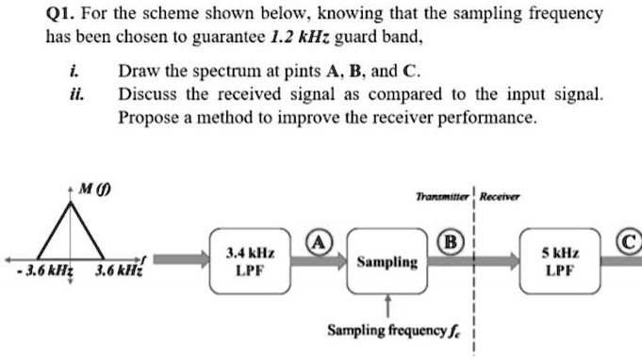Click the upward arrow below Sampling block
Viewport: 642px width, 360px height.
[387, 304]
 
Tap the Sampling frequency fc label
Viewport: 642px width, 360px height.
[391, 331]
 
